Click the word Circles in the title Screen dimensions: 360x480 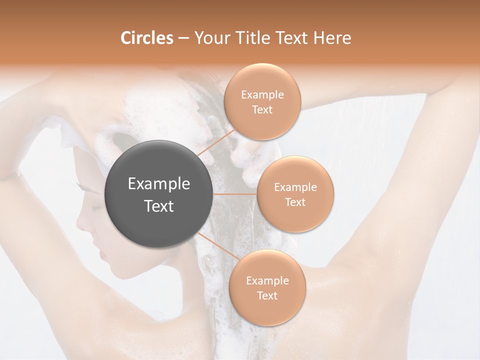[x=146, y=38]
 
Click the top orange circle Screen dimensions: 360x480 [x=262, y=101]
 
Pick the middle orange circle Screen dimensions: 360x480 [x=295, y=194]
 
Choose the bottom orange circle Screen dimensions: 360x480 [x=267, y=287]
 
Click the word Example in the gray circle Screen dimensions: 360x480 [x=159, y=184]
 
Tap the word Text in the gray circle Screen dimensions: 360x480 [x=159, y=206]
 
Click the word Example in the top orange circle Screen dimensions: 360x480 [x=262, y=95]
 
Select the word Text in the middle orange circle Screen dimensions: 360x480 [x=295, y=202]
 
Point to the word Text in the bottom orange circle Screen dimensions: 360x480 [x=267, y=295]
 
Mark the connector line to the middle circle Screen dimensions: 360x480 [x=235, y=194]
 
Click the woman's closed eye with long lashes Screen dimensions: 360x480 [x=85, y=189]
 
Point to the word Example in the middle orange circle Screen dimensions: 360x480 [x=295, y=187]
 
